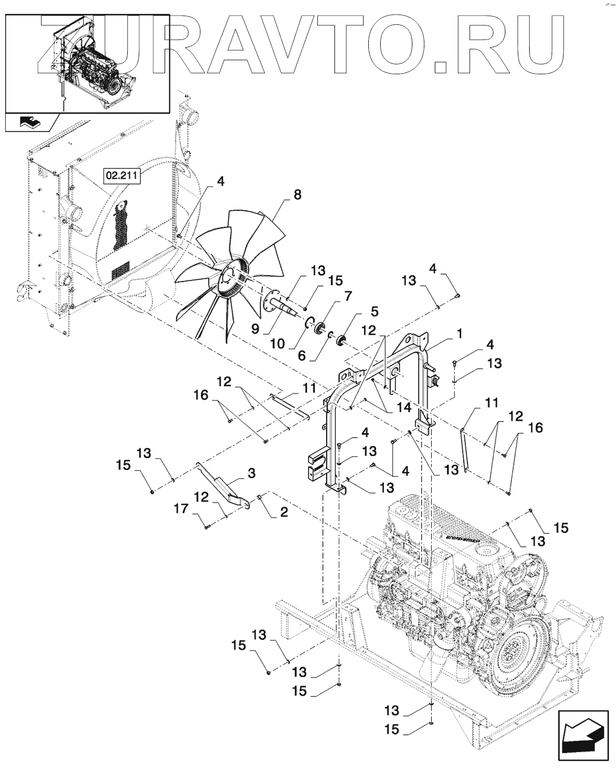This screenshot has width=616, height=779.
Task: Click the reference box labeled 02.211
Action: click(122, 176)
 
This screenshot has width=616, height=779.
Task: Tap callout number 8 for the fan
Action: click(297, 195)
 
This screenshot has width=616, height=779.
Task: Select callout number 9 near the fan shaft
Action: click(256, 329)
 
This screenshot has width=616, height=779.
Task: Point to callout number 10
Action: click(278, 343)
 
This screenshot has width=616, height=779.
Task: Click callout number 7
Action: click(347, 296)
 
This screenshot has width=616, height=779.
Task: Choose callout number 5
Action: click(374, 311)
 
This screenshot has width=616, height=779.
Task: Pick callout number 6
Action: click(302, 355)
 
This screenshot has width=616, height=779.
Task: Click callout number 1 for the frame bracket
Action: click(459, 334)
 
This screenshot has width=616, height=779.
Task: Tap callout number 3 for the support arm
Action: click(251, 473)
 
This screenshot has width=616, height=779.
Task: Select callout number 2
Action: click(284, 512)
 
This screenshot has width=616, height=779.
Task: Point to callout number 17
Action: click(181, 508)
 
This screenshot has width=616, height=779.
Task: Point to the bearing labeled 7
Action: click(320, 328)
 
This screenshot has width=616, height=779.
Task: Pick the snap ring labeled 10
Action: click(309, 321)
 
